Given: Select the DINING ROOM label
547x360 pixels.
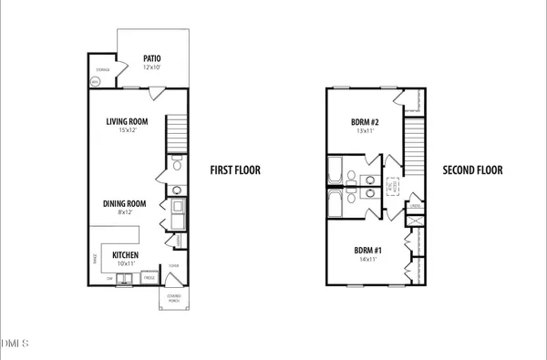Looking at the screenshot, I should pos(124,203).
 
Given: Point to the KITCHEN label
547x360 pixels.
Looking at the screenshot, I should pos(126,254).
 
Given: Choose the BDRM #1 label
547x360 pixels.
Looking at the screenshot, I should pos(366,250).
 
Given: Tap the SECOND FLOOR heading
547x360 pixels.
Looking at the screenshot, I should pos(471,170).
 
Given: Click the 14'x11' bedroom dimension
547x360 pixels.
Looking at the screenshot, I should pos(366,261).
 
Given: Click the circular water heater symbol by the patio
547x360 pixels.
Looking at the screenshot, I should pos(95,81).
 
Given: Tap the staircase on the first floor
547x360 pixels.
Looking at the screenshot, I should pos(177,135).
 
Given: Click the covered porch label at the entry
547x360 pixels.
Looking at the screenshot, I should pos(172,298).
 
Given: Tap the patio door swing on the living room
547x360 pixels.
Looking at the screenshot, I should pos(155,91).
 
